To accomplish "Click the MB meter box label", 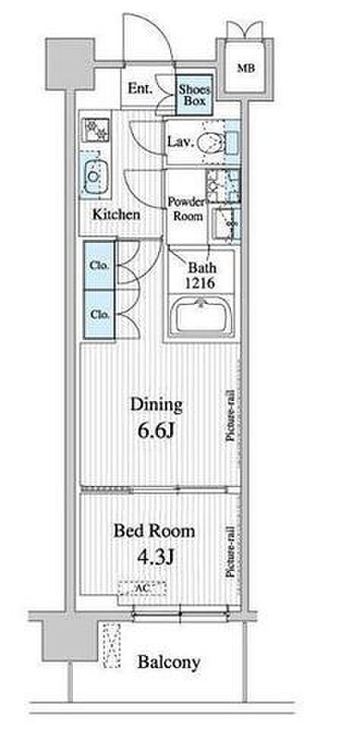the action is pos(245,68).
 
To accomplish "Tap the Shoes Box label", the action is pos(194,95).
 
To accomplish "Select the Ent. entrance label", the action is pos(140,89).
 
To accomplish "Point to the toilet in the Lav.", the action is pos(210,141).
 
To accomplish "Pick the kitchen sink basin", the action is pos(94,176).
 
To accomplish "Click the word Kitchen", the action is pos(116,214).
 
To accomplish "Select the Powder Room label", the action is pos(185,209).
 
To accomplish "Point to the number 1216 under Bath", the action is pos(201,283).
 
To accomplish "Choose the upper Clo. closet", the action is pos(99,266).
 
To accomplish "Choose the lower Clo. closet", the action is pos(99,314).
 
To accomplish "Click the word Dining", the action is pos(156,405).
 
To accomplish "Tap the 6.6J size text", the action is pos(156,431).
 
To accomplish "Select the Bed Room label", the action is pos(154,531).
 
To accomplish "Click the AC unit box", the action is pos(141,588).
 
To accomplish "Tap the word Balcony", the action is pos(169,662).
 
